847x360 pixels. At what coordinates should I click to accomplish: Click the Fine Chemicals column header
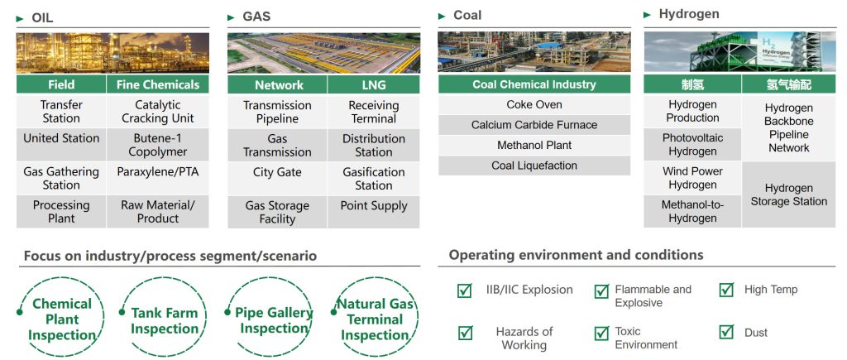[x=158, y=84]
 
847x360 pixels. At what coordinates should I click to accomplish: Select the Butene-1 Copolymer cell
[x=158, y=145]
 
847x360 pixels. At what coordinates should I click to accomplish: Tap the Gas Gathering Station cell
[x=61, y=179]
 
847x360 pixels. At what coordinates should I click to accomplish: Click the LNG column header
[x=373, y=85]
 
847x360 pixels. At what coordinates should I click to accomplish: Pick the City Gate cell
[x=277, y=179]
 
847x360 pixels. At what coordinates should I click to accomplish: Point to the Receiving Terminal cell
[x=373, y=112]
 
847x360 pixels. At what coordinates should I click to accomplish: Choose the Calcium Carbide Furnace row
[x=534, y=125]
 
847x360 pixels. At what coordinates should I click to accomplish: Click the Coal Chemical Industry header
[x=534, y=84]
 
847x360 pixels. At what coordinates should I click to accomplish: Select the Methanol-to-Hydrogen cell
[x=692, y=211]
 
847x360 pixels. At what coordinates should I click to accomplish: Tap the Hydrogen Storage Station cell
[x=788, y=194]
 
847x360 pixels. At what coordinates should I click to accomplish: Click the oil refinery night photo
[x=112, y=53]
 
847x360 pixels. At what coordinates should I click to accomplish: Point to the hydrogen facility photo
[x=739, y=52]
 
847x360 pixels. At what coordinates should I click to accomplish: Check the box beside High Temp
[x=726, y=290]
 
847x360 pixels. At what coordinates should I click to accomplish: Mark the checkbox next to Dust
[x=726, y=332]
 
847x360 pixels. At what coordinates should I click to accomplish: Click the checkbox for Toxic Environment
[x=601, y=333]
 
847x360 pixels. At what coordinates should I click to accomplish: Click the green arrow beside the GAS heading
[x=232, y=18]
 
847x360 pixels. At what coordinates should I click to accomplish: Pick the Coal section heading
[x=467, y=16]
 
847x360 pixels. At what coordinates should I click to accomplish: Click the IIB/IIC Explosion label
[x=529, y=290]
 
